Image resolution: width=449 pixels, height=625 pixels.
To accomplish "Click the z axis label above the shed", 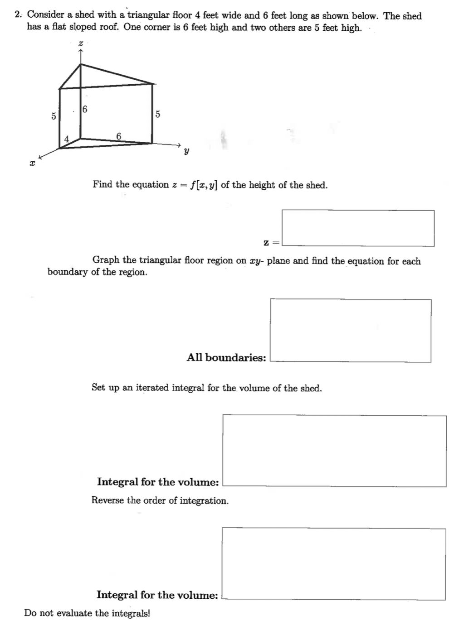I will point(80,43).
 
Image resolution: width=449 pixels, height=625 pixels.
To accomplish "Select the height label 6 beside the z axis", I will point(85,109).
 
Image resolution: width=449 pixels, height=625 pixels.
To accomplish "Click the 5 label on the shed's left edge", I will point(54,116).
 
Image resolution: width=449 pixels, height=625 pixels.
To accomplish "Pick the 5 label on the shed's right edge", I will point(157,114).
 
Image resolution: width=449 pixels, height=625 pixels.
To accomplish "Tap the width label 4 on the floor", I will point(67,139).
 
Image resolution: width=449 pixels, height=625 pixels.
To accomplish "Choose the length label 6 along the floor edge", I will point(119,136).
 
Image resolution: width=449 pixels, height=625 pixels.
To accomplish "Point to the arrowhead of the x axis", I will point(40,157).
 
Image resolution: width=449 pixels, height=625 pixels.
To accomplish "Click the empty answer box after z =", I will point(358,228).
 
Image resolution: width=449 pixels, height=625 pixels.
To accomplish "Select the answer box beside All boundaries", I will point(351,331).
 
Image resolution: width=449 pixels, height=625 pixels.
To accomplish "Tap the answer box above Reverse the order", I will point(334,451).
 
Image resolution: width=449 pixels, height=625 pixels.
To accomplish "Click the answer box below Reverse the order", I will point(334,564).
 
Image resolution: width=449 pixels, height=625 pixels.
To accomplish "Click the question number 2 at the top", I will point(17,15).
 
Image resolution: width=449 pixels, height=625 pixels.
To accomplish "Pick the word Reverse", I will point(107,500).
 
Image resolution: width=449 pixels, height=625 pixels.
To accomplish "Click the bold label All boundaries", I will point(226,358).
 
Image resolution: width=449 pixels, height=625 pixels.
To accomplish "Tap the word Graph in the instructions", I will point(106,260).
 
